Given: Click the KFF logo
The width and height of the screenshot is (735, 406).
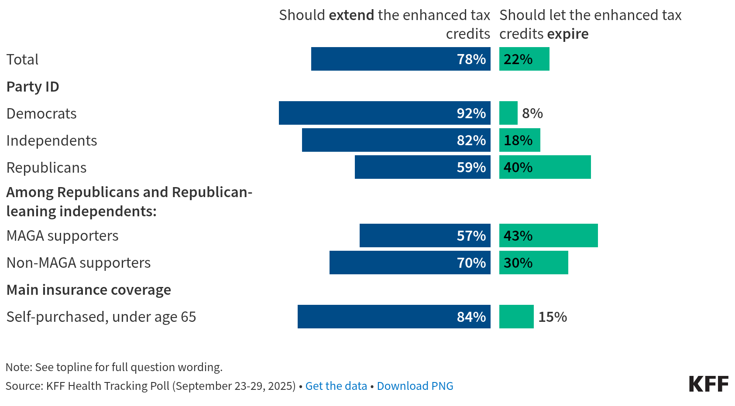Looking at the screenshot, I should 708,384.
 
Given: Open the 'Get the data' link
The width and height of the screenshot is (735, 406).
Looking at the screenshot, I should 336,386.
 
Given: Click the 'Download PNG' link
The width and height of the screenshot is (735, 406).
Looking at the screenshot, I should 415,386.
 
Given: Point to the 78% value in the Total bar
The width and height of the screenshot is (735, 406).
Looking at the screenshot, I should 471,59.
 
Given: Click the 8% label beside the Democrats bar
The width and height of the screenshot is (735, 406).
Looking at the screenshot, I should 532,113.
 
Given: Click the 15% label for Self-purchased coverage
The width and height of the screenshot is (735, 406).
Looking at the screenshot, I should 553,317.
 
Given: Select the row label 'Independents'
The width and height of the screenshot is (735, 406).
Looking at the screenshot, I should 52,140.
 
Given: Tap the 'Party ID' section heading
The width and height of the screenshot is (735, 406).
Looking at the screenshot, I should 33,87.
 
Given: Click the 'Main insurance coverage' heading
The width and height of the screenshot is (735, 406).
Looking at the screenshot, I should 89,290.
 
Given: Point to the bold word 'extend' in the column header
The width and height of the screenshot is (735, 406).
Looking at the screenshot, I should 351,15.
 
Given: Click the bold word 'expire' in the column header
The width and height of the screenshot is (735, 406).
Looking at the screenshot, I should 568,34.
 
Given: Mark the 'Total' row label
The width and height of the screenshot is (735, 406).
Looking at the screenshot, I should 22,59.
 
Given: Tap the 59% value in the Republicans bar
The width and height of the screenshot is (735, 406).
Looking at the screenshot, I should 471,167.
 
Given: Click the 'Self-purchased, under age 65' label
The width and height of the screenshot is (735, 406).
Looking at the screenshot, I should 101,317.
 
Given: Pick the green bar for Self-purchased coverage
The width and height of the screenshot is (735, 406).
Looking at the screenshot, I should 516,317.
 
